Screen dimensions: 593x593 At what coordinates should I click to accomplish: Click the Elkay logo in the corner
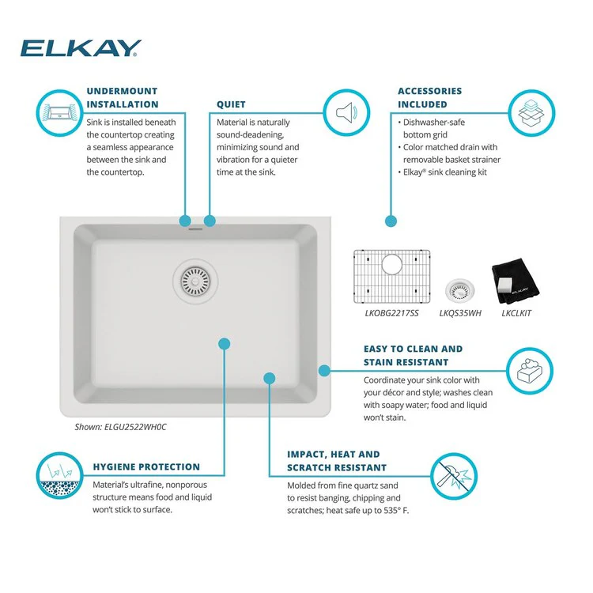click(81, 48)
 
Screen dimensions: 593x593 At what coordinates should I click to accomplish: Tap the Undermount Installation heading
click(122, 98)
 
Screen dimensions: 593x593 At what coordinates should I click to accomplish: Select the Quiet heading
click(231, 104)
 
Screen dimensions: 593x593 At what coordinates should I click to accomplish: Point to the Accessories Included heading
click(429, 98)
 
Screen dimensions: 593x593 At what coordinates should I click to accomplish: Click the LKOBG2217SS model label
click(392, 314)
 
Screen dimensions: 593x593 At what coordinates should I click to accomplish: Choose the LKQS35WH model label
click(460, 314)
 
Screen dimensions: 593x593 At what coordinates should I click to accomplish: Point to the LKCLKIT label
click(516, 314)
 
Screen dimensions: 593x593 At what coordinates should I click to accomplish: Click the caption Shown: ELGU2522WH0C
click(120, 427)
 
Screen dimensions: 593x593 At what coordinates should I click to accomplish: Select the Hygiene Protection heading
click(146, 466)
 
